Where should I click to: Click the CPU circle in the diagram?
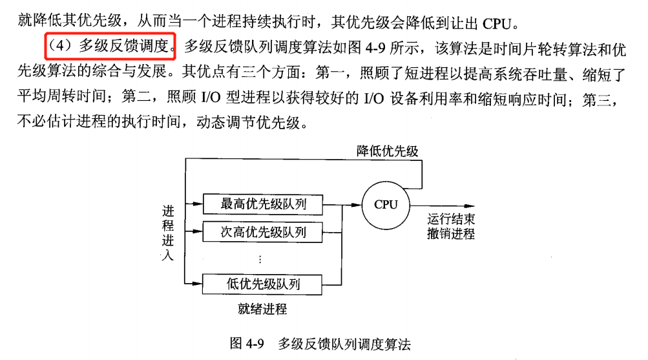386,205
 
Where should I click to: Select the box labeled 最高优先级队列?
263,205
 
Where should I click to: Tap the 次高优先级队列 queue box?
263,232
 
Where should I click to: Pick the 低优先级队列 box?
263,283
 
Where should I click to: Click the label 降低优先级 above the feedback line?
388,151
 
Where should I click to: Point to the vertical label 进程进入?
168,233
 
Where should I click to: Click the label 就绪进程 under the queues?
262,309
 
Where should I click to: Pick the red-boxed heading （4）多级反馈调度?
110,46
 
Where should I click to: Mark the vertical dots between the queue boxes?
260,259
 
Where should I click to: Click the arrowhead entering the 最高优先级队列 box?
198,205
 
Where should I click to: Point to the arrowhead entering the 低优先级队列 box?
198,283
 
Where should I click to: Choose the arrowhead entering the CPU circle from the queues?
357,205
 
